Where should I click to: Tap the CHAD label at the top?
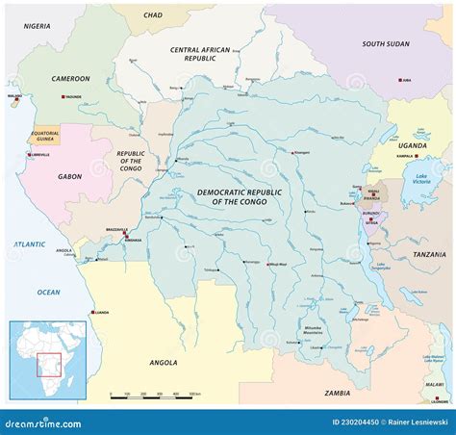(152, 15)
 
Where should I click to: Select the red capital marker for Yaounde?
(63, 98)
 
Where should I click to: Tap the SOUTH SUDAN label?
(385, 43)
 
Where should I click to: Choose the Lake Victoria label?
(420, 179)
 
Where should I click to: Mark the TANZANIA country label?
(429, 254)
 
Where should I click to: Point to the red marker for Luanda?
(93, 313)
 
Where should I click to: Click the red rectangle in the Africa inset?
(48, 368)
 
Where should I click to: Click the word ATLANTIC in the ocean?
(29, 244)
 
